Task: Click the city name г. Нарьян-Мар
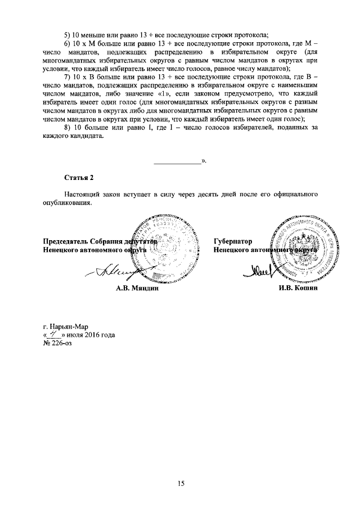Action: point(66,326)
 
